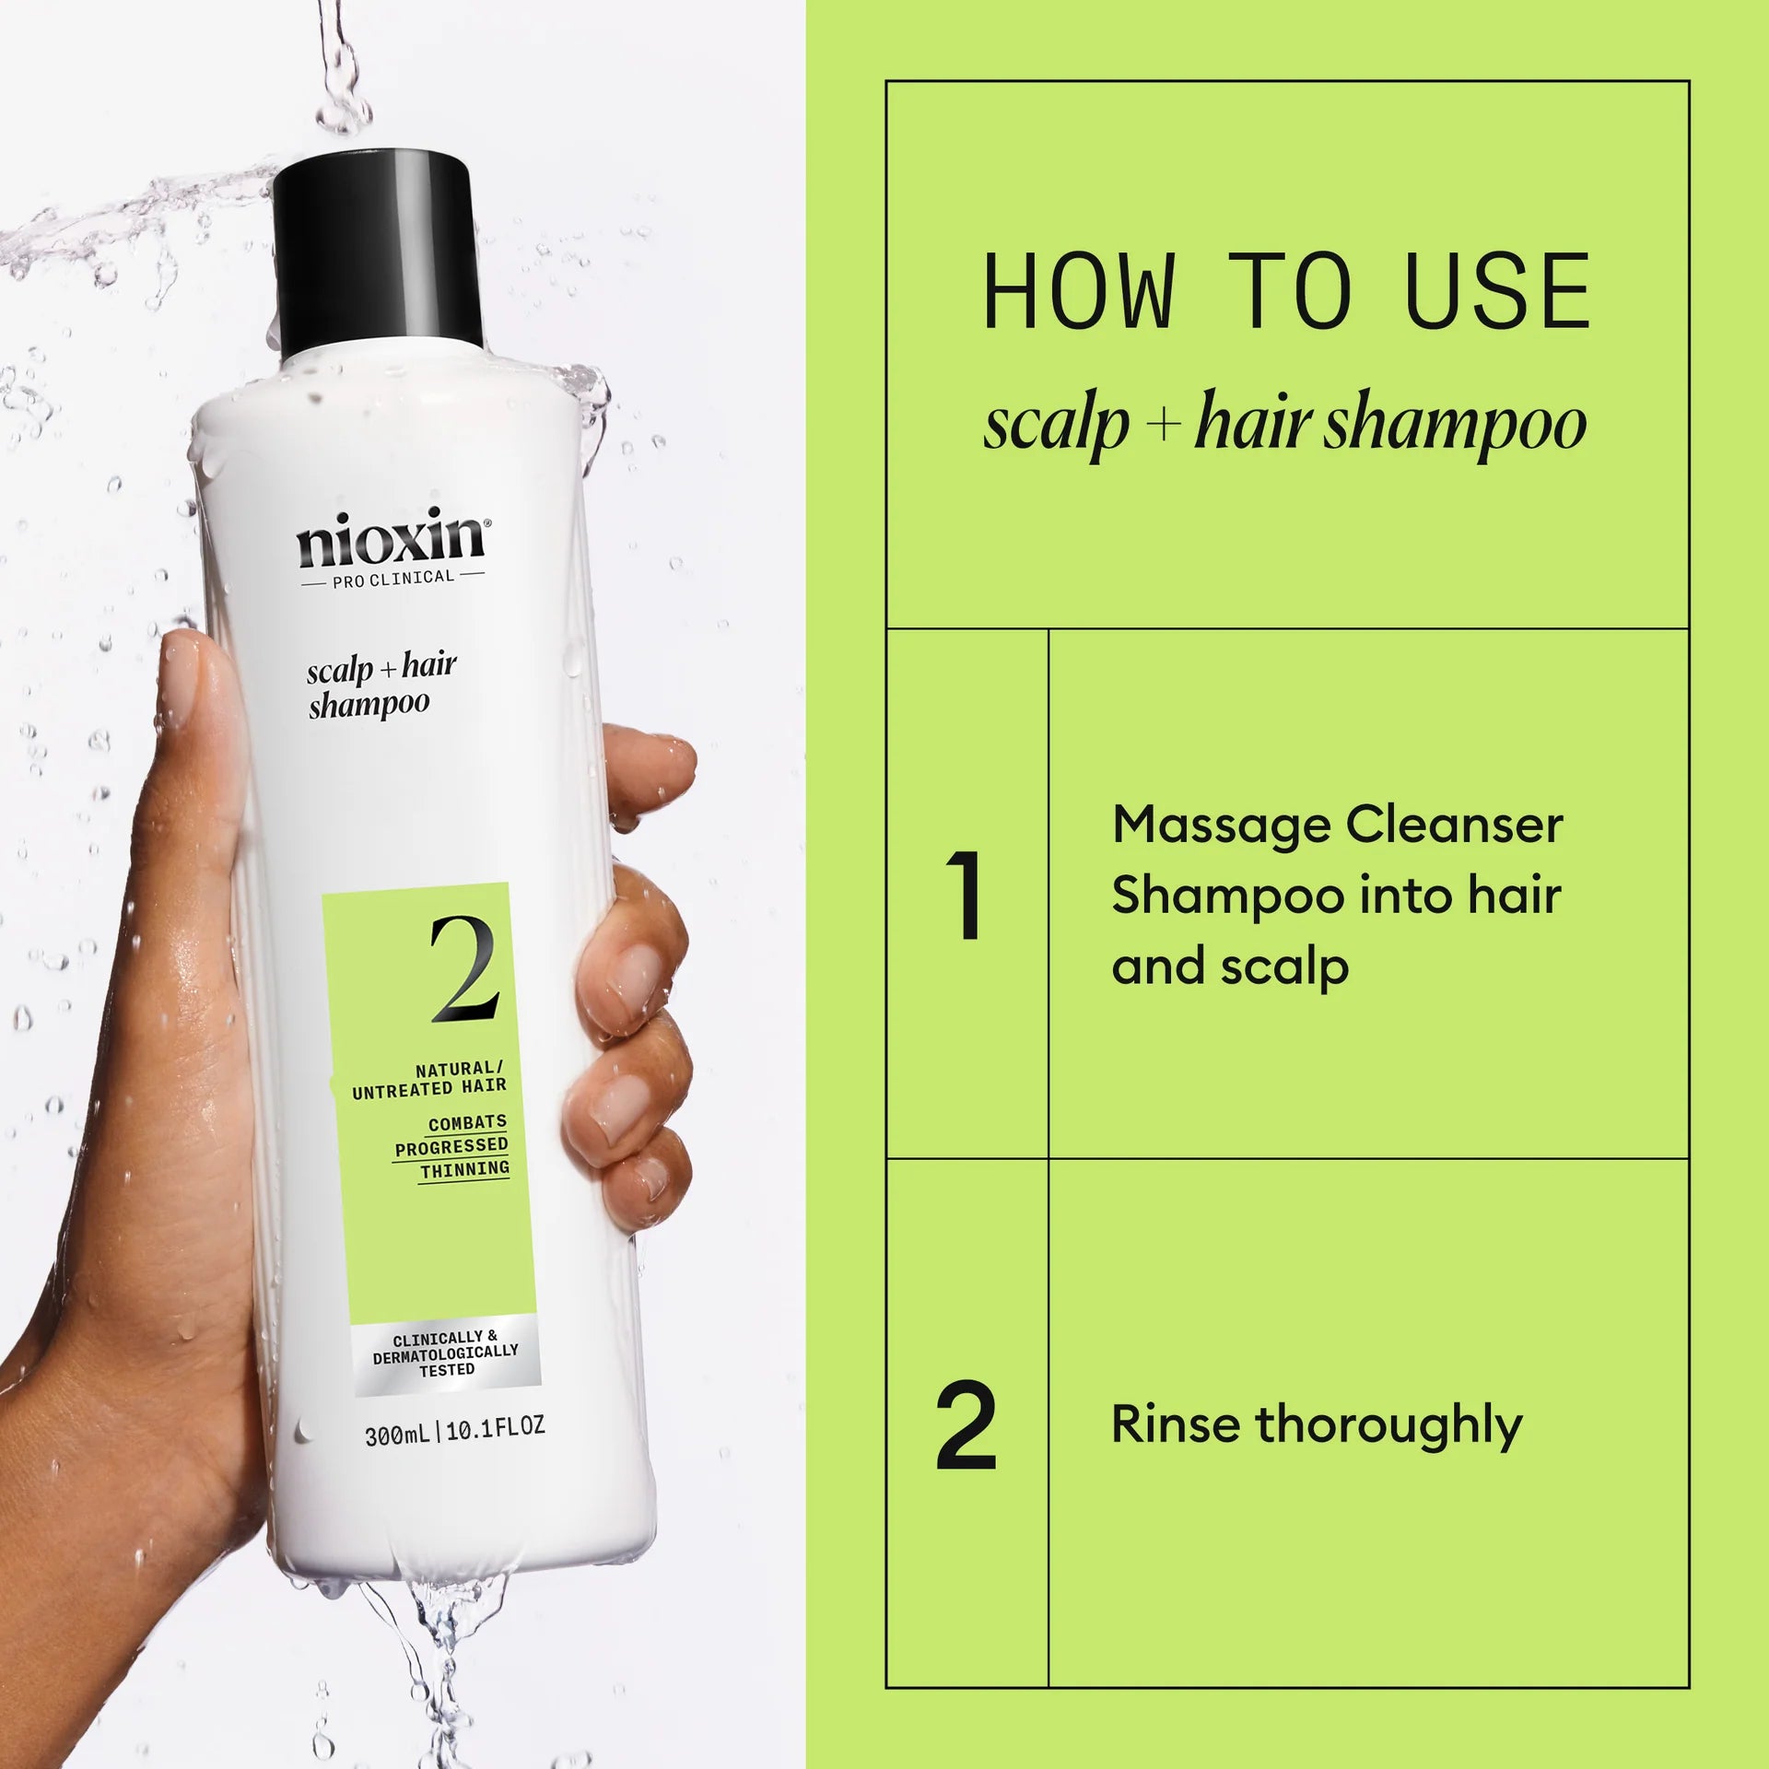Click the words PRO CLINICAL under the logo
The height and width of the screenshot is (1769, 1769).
(x=393, y=579)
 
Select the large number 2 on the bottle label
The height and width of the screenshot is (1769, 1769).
(x=465, y=969)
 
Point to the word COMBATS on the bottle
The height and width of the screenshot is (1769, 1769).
(x=467, y=1123)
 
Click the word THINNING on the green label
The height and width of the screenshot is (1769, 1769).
(x=464, y=1169)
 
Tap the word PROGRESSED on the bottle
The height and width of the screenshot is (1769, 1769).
(x=451, y=1146)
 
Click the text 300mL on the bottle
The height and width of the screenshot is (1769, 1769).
(x=396, y=1435)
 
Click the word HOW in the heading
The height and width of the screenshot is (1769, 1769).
(x=1079, y=292)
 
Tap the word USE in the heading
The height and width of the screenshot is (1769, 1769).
(x=1497, y=292)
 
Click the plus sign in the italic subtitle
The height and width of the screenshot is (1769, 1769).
(x=1165, y=426)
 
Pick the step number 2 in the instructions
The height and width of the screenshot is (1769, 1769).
(x=966, y=1425)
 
